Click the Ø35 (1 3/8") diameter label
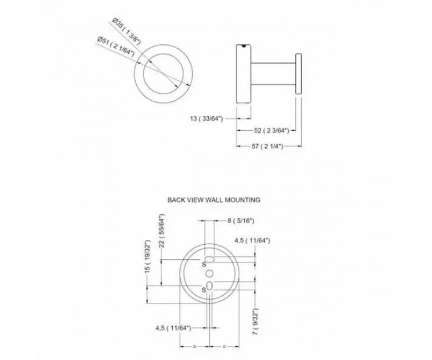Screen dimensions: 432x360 [x=127, y=32]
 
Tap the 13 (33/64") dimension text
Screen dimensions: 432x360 [x=206, y=119]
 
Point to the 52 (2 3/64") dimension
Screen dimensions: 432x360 [x=271, y=131]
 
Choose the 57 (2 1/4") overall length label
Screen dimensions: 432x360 [x=268, y=146]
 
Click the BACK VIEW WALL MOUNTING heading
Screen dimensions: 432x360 [x=214, y=200]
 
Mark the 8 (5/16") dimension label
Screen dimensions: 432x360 [x=240, y=220]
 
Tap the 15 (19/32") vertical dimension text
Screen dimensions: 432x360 [x=148, y=256]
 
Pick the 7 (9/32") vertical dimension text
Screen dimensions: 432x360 [x=255, y=321]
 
